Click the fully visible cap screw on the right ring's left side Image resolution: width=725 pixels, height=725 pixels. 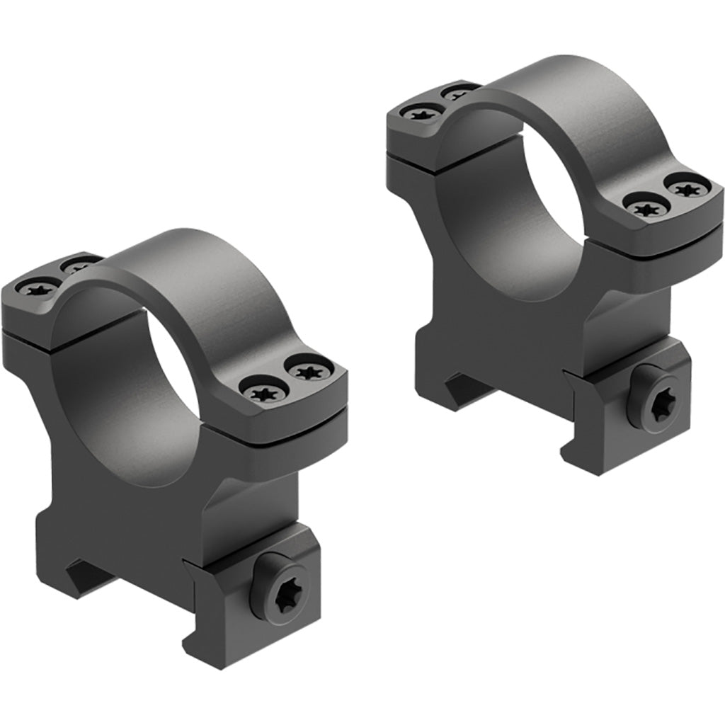[x=416, y=111]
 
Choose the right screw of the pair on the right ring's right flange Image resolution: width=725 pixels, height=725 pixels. [x=686, y=189]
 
